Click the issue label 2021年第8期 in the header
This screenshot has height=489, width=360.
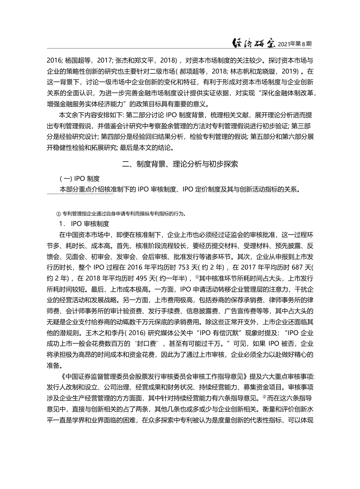[x=295, y=44]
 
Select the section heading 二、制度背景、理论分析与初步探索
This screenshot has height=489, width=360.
[x=180, y=164]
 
